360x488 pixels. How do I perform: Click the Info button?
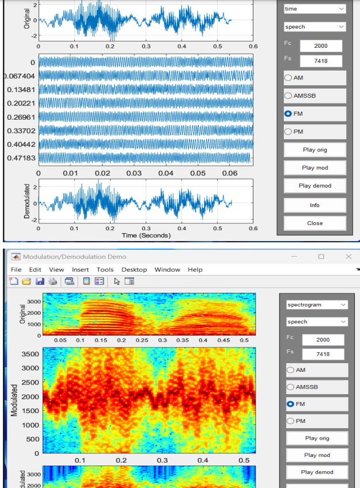314,205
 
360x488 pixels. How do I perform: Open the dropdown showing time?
314,9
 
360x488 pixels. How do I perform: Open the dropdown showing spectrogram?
317,304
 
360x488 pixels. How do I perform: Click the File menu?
16,269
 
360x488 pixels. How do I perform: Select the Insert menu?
81,269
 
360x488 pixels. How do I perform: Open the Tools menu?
105,269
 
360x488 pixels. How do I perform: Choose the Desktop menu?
134,269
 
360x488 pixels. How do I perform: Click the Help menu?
195,269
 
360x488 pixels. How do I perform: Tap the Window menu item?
167,269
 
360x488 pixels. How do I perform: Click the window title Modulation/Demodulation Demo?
74,257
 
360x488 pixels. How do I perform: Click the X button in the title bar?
348,256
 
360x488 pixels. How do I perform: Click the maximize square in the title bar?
321,256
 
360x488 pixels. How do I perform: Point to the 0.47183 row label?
21,158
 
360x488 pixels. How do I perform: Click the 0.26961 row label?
21,117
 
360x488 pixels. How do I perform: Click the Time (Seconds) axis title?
146,235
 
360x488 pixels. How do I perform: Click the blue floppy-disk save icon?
40,281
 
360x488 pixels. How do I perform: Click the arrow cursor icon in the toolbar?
117,281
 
